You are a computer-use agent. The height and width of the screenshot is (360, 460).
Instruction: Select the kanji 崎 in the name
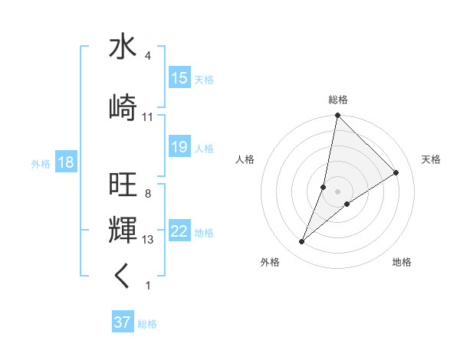tap(123, 107)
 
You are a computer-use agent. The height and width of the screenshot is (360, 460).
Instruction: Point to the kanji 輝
tap(123, 230)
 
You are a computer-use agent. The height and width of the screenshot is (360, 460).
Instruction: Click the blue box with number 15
tap(179, 78)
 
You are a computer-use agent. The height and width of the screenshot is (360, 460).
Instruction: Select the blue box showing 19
tap(179, 147)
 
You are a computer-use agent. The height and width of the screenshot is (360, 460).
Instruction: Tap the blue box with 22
tap(179, 231)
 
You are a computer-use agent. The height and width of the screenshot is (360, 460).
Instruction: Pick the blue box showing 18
tap(65, 162)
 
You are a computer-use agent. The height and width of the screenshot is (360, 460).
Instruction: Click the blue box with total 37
tap(123, 322)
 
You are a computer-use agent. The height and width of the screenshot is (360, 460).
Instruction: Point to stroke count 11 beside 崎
tap(148, 117)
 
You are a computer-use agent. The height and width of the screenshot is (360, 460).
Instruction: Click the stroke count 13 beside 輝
tap(148, 240)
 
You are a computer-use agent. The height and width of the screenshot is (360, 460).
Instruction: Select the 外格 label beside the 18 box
tap(41, 163)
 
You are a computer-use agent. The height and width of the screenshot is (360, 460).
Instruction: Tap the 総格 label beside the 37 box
tap(147, 323)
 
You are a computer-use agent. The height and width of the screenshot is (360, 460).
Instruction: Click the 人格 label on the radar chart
tap(245, 159)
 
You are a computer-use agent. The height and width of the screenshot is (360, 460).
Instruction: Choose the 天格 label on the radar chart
tap(431, 159)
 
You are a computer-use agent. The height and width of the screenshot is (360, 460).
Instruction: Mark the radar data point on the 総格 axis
tap(337, 116)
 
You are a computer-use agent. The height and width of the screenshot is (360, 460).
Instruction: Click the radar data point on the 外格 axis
tap(302, 242)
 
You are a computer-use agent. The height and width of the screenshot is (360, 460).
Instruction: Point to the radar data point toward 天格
tap(396, 173)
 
